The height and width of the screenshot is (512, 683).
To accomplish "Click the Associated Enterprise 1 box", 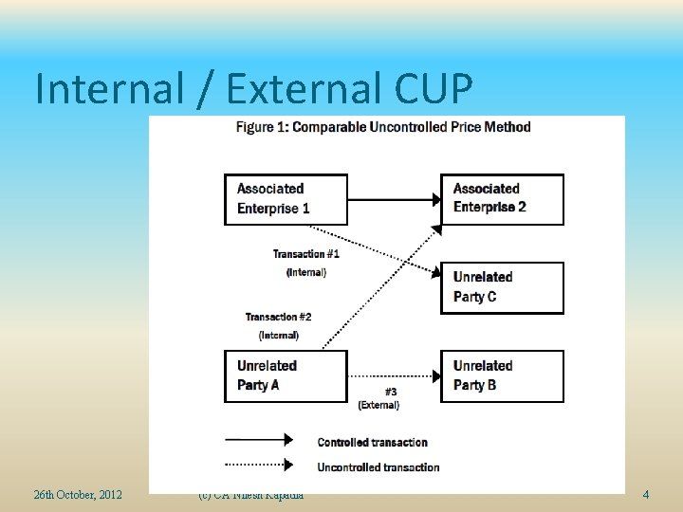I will pos(286,199).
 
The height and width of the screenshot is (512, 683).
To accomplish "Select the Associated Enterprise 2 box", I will pos(502,199).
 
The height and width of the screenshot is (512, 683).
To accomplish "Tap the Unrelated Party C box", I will pos(502,287).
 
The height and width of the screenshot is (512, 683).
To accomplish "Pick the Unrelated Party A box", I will pos(286,375).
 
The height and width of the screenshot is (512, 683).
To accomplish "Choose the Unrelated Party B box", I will pos(502,375).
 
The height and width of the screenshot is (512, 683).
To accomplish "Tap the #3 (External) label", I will pos(378,398).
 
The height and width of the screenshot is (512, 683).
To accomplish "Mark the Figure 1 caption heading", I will pos(383,127).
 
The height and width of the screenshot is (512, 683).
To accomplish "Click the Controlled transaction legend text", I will pos(372,442).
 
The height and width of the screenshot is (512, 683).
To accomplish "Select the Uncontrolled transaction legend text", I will pos(378,466).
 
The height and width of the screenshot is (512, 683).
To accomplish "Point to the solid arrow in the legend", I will pos(258,440).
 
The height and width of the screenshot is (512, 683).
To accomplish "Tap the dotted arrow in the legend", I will pos(258,465).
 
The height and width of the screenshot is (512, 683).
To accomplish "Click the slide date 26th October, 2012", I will pos(78,494).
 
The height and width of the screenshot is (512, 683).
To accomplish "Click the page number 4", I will pos(645,494).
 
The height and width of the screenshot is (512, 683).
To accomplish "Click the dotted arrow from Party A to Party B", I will pos(394,375).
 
